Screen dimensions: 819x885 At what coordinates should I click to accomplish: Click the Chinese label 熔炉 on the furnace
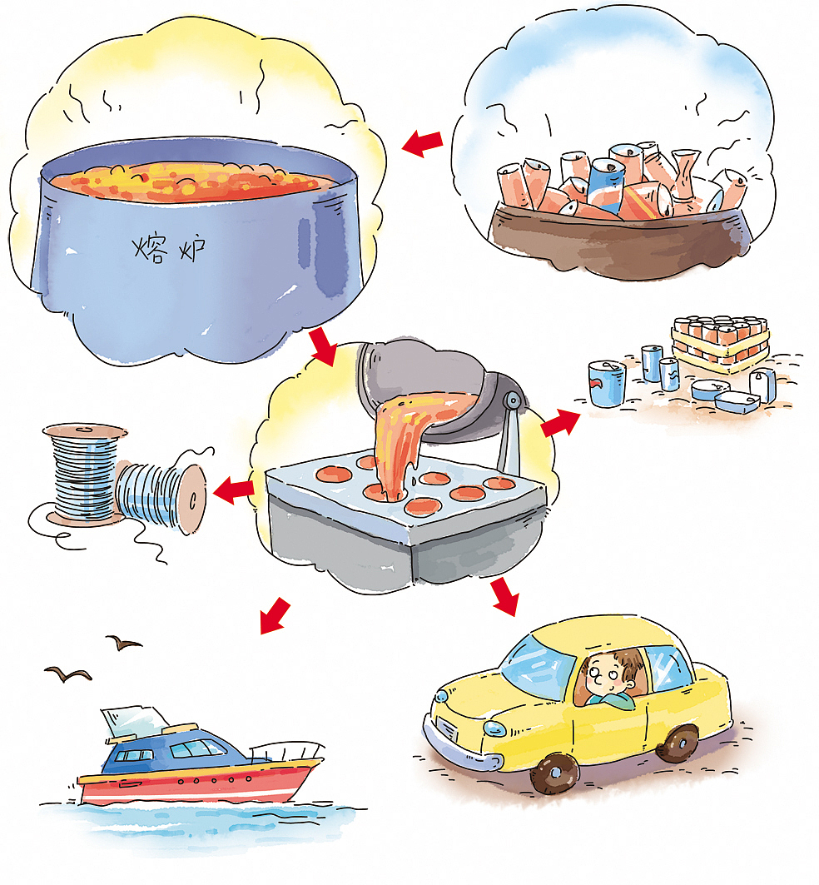coord(169,248)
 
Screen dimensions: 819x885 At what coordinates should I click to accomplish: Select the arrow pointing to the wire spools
coord(234,490)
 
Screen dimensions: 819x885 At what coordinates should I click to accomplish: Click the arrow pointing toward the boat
coord(275,616)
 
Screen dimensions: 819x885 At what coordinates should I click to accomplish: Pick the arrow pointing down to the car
coord(504,596)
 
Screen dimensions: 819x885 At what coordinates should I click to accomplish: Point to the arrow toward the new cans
coord(560,421)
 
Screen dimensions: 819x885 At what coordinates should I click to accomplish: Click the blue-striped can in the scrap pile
coord(605,183)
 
